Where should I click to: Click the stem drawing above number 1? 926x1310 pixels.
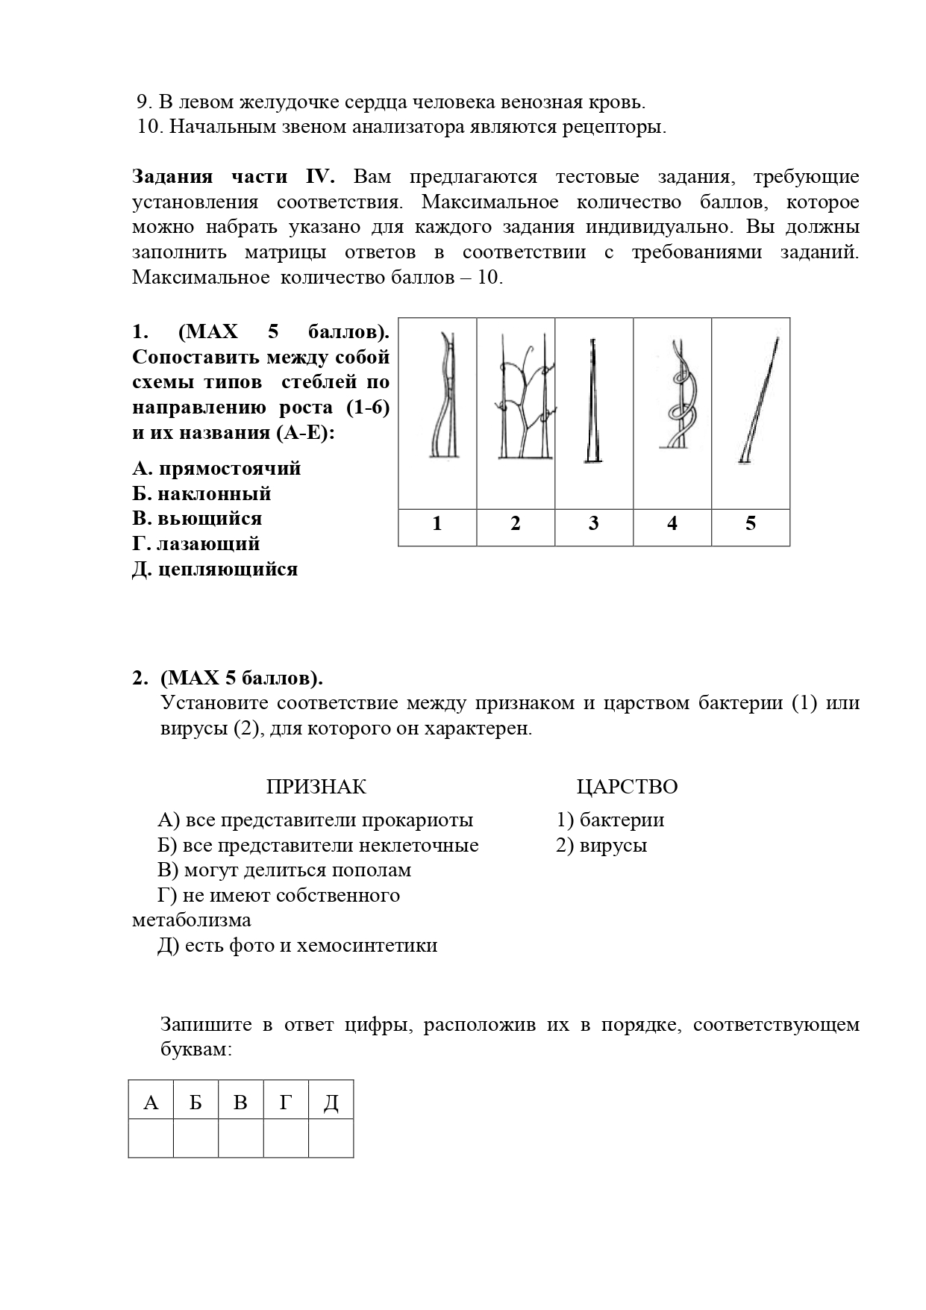pos(442,396)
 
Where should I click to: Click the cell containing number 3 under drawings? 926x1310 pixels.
pos(594,524)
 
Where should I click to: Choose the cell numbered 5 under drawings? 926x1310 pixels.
pos(751,524)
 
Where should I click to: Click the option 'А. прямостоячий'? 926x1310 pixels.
pos(216,469)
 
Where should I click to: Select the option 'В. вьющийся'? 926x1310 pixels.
pos(197,519)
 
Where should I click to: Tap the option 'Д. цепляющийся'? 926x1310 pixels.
pos(215,570)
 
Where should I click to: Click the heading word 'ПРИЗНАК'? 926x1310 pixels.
pos(316,787)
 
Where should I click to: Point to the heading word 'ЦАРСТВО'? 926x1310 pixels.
pos(627,787)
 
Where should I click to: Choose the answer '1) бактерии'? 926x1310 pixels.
pos(610,820)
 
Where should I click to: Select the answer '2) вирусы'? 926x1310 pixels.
pos(601,846)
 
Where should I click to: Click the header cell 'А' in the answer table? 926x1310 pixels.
pos(151,1102)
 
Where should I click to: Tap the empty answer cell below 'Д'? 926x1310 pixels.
pos(331,1138)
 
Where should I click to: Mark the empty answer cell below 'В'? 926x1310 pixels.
pos(241,1138)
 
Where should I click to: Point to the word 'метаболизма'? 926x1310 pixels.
pos(192,920)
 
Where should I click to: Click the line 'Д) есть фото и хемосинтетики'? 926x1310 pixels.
pos(298,946)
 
